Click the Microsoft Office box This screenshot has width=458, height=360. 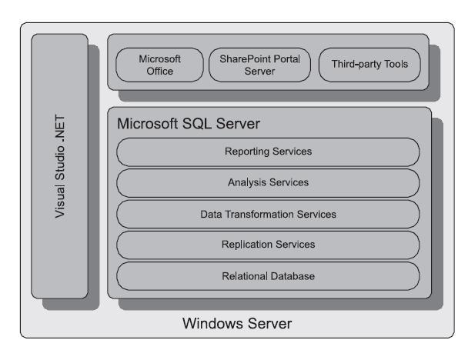point(159,65)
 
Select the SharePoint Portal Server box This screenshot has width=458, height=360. point(259,65)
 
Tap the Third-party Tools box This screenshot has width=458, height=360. point(369,65)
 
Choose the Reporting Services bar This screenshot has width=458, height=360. point(268,152)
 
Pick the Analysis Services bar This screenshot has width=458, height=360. point(268,183)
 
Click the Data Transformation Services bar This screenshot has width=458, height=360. point(268,214)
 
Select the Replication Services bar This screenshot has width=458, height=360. point(268,245)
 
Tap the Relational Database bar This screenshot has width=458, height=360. point(268,276)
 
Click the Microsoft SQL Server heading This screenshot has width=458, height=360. point(189,124)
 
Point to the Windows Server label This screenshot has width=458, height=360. point(237,324)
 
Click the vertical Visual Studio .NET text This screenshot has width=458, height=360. point(60,166)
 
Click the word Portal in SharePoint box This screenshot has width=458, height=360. point(287,59)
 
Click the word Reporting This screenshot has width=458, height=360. point(247,152)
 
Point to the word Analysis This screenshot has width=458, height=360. point(247,183)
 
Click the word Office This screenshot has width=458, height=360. point(160,72)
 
